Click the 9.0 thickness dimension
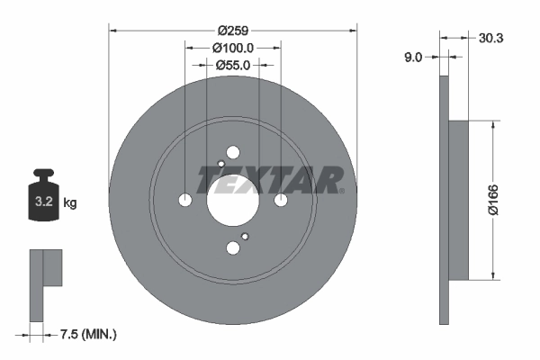[x=413, y=57]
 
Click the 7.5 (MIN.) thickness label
[x=86, y=335]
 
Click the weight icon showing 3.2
[x=44, y=200]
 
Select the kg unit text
[x=70, y=203]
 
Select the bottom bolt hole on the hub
[x=233, y=247]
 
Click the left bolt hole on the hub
[x=185, y=200]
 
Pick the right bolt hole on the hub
[x=281, y=200]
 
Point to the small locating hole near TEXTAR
[x=221, y=163]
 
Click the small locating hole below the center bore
[x=244, y=237]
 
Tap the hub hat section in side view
[x=458, y=200]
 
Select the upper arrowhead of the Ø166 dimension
[x=492, y=127]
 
